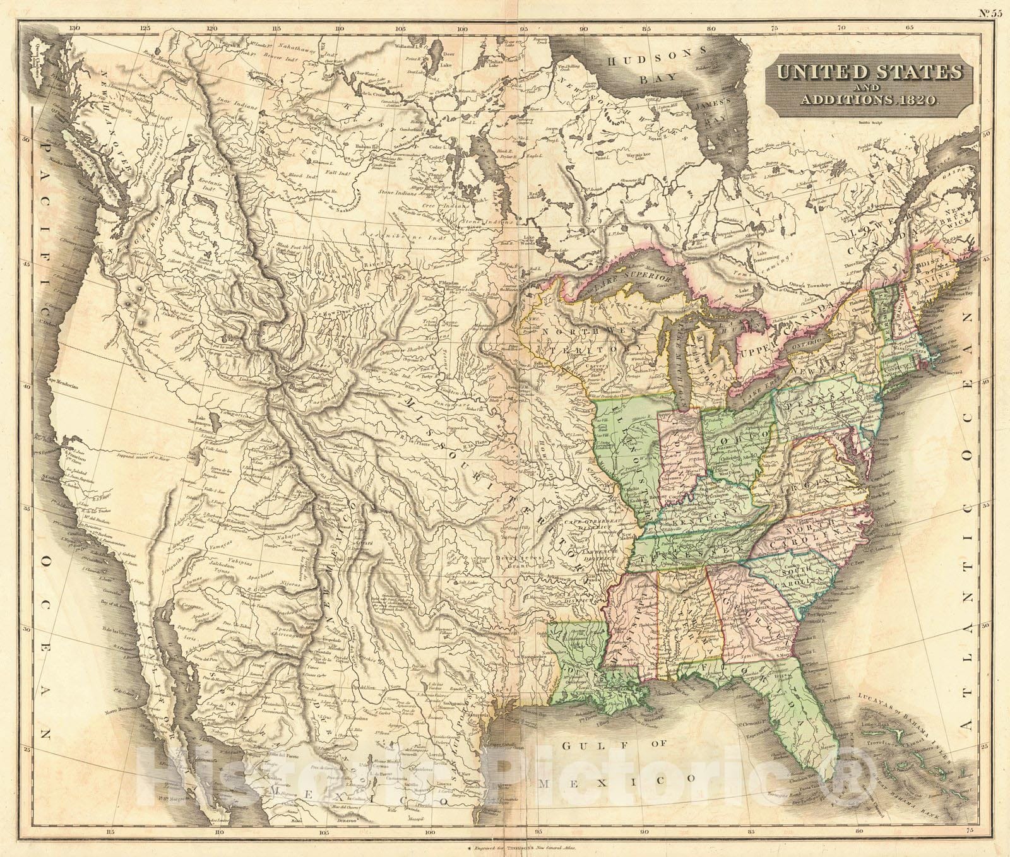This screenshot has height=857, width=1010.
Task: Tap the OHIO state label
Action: (737, 435)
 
